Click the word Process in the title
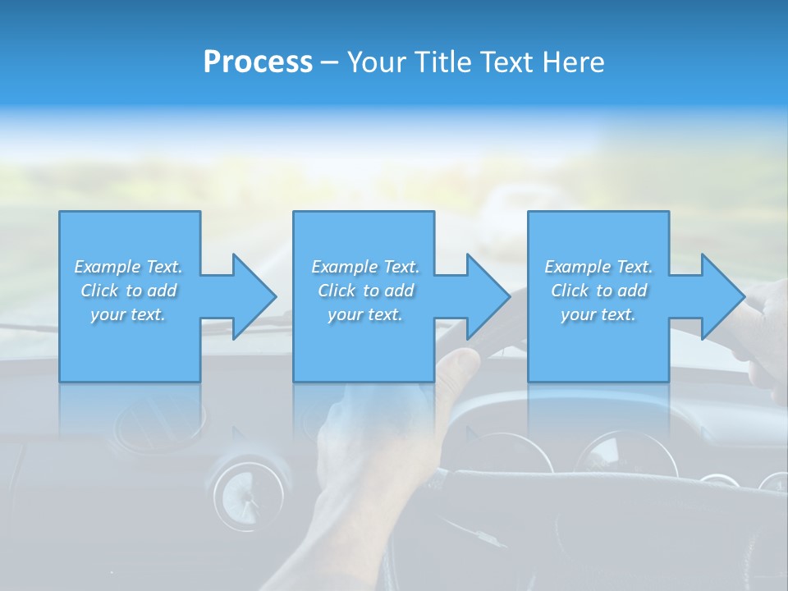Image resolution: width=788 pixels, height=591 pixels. coord(258,62)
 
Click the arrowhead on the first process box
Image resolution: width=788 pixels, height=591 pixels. coord(254,296)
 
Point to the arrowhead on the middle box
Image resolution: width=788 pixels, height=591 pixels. coord(488,296)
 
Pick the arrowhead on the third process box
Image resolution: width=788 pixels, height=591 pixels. coord(723,296)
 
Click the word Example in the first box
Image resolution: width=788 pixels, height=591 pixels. coord(107,267)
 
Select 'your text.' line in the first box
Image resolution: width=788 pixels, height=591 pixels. coord(128,314)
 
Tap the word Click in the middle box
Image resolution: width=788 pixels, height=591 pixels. coord(337,291)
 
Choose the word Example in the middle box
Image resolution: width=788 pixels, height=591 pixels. coord(344,267)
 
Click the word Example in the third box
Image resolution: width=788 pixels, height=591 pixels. coord(577,267)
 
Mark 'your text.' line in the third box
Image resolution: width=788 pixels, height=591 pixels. coord(598,314)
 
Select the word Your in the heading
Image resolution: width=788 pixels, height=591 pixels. coord(374,62)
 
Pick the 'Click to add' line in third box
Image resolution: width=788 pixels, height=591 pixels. coord(599,291)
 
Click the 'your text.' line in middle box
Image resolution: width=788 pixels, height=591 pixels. coord(365,314)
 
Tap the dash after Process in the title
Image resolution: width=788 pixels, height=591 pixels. coord(329,62)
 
